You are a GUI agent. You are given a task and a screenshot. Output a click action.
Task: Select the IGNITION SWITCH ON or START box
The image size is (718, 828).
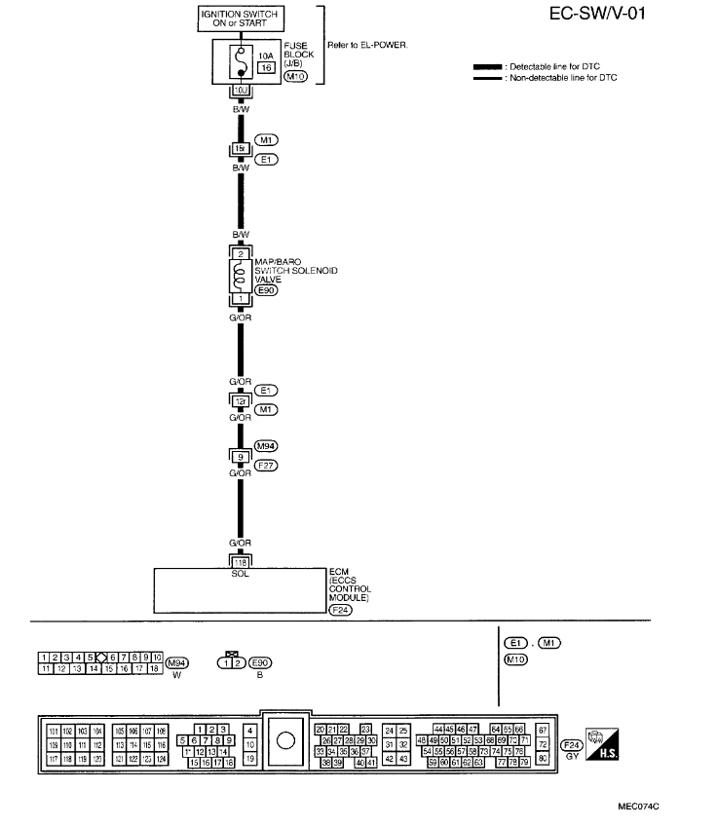click(239, 18)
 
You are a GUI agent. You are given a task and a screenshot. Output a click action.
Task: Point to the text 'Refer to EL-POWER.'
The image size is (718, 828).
click(377, 46)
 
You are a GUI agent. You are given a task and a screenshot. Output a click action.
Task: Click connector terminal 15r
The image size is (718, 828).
click(239, 149)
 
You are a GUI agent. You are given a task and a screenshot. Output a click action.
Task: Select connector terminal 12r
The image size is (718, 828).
click(239, 399)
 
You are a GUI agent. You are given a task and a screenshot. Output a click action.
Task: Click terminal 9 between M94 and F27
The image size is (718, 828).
click(239, 455)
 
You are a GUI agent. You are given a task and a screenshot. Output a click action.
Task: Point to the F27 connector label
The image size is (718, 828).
click(266, 465)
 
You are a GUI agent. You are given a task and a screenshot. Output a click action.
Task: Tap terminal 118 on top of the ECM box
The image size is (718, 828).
click(239, 561)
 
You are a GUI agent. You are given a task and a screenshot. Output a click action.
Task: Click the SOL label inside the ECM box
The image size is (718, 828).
click(239, 573)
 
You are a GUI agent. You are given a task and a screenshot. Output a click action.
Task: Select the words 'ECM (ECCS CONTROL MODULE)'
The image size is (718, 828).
click(351, 585)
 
